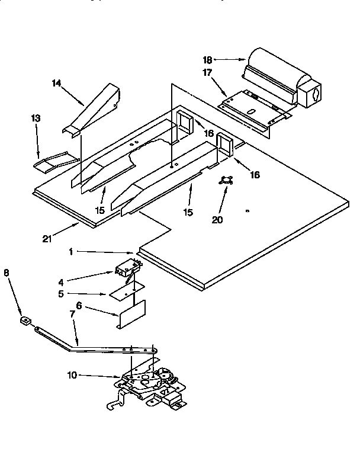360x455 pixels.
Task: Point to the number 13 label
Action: tap(36, 118)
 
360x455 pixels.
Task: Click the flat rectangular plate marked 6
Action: tap(132, 313)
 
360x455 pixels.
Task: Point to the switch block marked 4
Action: tap(127, 270)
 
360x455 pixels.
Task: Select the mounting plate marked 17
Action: tap(255, 107)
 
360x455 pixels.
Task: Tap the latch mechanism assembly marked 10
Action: tap(148, 385)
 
